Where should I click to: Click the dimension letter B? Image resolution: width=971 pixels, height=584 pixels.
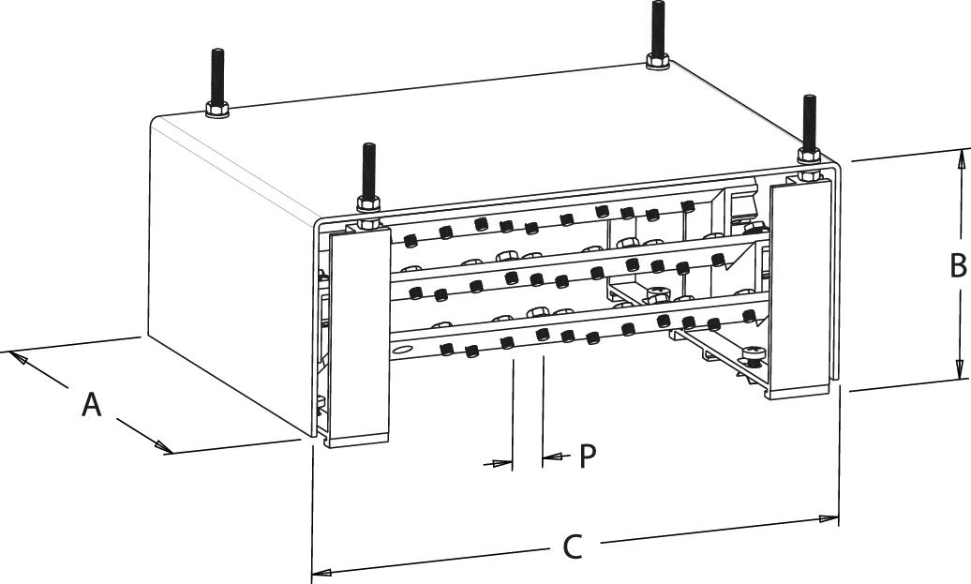tap(957, 266)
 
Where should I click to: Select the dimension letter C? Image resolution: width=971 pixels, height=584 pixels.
tap(571, 547)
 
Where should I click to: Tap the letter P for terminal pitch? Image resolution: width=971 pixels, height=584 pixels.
tap(588, 456)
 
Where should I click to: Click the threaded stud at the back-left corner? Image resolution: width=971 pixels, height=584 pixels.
tap(217, 80)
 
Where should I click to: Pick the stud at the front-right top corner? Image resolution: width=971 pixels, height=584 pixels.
tap(808, 122)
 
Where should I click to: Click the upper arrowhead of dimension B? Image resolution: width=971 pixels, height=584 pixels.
tap(959, 158)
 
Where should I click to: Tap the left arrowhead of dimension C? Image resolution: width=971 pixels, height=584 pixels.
tap(321, 570)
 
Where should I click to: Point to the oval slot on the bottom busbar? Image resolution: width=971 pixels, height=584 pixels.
tap(403, 350)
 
